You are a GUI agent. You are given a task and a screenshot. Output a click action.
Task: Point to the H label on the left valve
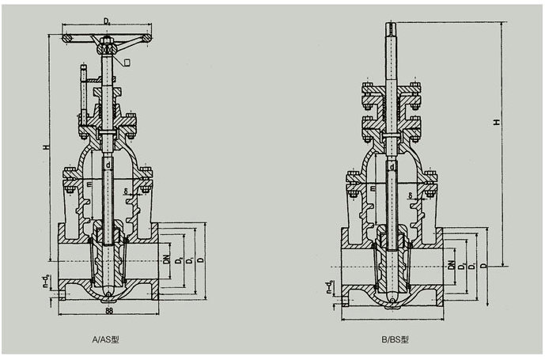pos(47,148)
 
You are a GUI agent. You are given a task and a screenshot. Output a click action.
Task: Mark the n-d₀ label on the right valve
pos(331,286)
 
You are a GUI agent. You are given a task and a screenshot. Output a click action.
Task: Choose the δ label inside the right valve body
pos(411,195)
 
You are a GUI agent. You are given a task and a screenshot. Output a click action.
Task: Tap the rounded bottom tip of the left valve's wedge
pos(108,297)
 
